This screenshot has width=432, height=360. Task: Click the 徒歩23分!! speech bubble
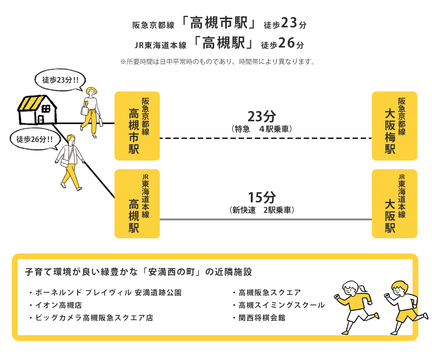click(60, 80)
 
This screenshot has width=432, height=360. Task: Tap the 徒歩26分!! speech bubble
click(35, 139)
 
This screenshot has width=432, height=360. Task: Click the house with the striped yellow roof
click(37, 110)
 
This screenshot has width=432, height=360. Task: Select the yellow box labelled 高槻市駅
click(137, 126)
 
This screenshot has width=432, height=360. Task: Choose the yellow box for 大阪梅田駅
click(394, 126)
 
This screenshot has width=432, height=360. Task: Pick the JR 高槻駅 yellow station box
click(137, 204)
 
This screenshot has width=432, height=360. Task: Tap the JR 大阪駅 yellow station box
click(394, 204)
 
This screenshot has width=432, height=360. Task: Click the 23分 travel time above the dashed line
click(262, 117)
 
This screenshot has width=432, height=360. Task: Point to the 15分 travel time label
click(262, 197)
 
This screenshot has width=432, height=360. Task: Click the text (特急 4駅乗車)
click(262, 129)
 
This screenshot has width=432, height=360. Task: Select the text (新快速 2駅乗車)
click(262, 210)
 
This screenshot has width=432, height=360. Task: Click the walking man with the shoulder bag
click(69, 163)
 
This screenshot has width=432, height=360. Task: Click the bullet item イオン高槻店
click(56, 305)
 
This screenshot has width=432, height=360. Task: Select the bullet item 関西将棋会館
click(259, 318)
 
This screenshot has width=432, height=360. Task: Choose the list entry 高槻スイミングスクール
click(279, 305)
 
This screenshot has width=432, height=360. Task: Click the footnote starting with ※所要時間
click(217, 62)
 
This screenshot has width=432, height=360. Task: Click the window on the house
click(46, 109)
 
